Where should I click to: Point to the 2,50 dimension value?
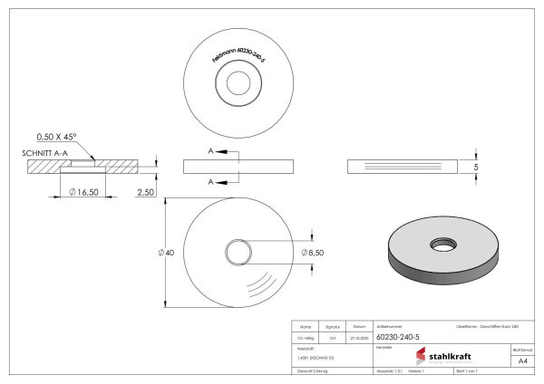pos(146,192)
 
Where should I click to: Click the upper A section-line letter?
pos(211,150)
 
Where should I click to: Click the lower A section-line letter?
pos(211,182)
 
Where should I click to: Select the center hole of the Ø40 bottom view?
pos(238,251)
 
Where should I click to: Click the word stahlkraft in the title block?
pos(450,356)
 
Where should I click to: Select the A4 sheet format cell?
pos(521,360)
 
